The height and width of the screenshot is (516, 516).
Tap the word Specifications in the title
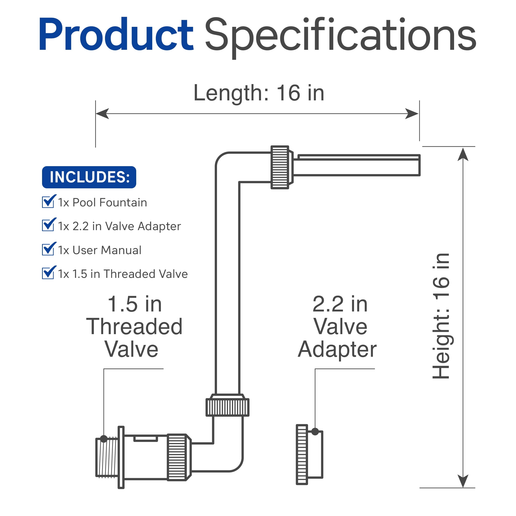pos(341,37)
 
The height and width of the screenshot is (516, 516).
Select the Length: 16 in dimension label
pos(259,93)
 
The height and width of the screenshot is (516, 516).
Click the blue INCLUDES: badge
pos(89,177)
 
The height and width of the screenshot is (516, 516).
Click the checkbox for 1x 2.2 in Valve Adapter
pos(48,225)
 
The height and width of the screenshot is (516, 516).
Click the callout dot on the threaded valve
pos(104,439)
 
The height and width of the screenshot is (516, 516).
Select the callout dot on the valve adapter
pos(315,431)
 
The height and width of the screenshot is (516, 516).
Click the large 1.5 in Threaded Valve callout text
pos(134,326)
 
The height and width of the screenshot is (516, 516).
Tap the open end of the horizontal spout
pos(419,165)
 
